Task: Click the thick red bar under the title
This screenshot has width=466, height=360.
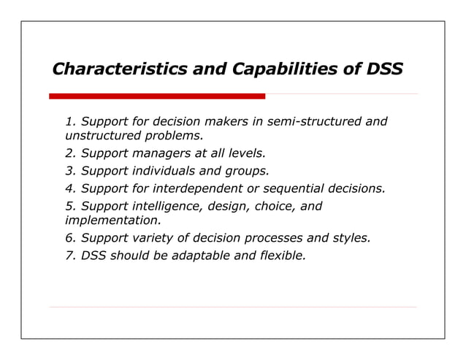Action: pos(156,96)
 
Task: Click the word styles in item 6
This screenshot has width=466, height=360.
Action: pos(353,238)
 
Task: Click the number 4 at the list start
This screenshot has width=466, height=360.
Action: pos(69,189)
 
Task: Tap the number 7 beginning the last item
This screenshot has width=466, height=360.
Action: pos(69,256)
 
